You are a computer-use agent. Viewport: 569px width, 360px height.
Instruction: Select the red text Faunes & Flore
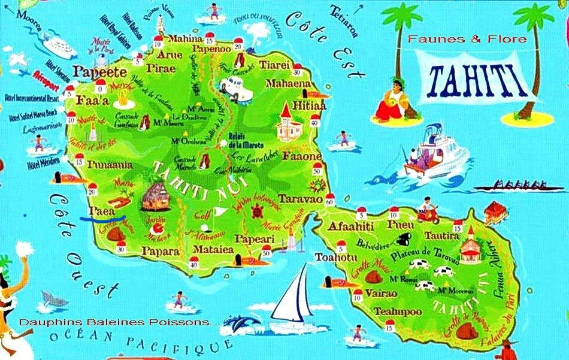[467, 40]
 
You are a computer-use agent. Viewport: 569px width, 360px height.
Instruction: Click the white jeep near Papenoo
[231, 87]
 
